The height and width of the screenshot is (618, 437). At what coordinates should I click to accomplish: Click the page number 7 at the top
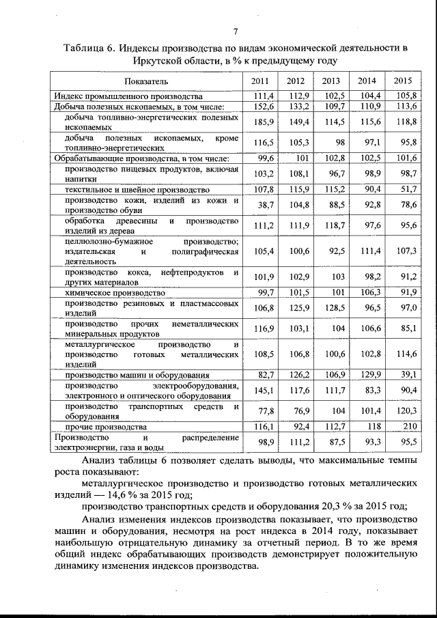coord(236,32)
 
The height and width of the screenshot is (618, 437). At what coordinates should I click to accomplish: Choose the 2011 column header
coord(261,81)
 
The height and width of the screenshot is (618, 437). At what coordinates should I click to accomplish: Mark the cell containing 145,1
coord(263,391)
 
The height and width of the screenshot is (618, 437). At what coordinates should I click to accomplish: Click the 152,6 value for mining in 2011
coord(263,107)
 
